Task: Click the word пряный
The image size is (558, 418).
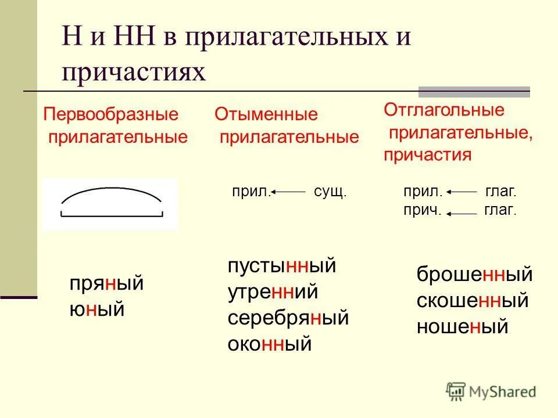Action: tap(106, 285)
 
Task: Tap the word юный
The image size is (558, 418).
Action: tap(97, 308)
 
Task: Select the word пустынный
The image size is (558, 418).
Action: tap(282, 266)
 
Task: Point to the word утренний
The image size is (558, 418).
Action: tap(273, 292)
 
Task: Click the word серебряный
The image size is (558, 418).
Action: tap(288, 318)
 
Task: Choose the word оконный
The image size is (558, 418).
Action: tap(270, 344)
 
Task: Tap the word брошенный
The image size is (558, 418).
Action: tap(474, 275)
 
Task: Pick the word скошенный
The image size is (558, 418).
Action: tap(472, 301)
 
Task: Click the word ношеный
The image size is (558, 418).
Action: tap(462, 327)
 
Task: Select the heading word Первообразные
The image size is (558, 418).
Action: tap(110, 113)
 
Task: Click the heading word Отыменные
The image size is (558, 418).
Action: tap(266, 114)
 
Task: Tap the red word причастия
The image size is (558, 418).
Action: tap(427, 155)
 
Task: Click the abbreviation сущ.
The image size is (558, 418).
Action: tap(330, 191)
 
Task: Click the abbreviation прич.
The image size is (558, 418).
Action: tap(423, 211)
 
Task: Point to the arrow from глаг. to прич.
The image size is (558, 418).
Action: tap(463, 213)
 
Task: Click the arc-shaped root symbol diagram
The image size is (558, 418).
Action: tap(110, 203)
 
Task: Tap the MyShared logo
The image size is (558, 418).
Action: tap(491, 391)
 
